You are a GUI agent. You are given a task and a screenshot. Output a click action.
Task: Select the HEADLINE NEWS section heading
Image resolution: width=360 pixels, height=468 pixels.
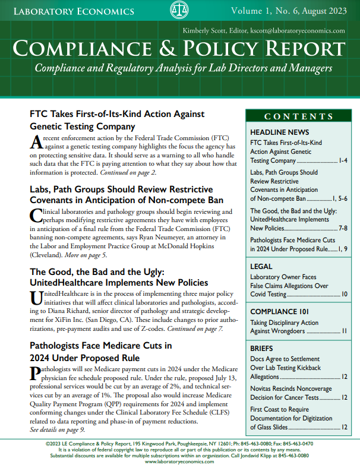(x=279, y=131)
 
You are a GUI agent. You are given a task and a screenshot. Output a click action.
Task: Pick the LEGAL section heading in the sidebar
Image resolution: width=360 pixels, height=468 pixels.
(x=263, y=265)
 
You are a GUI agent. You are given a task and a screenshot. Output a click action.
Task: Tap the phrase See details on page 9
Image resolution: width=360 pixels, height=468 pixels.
(x=58, y=429)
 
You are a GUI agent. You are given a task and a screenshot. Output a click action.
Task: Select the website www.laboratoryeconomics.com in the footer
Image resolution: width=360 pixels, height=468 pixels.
(x=180, y=461)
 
